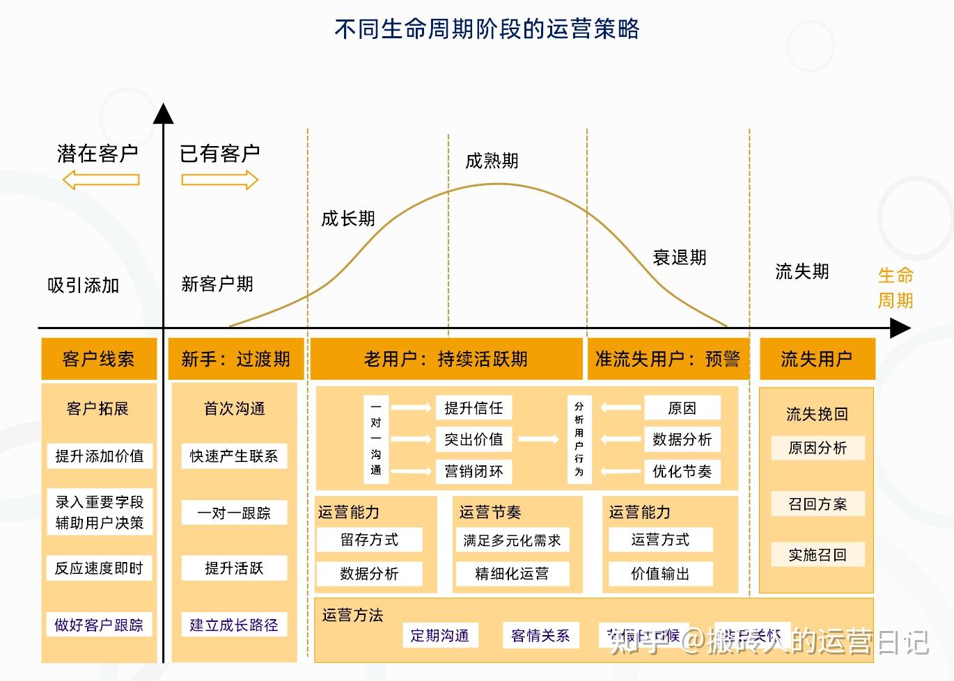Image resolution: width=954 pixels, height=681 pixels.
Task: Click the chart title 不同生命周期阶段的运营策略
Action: coord(487,29)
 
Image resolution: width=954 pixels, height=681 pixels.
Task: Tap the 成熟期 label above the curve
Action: coord(492,161)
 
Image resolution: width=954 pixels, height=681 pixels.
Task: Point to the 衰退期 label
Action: coord(679,258)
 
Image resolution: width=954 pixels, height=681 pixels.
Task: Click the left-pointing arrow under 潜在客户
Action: coord(101,180)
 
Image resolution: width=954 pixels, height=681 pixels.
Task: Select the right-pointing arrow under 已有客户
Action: coord(219,180)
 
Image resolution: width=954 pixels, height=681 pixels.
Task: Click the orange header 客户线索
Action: coord(98,359)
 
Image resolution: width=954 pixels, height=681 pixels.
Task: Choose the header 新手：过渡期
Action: coord(235,359)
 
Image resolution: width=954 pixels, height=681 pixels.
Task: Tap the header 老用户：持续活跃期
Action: coord(446,359)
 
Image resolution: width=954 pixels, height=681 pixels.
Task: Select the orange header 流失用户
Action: coord(816,359)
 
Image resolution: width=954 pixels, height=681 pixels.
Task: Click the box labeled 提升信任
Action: coord(474,408)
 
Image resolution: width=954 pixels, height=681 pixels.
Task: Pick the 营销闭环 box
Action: coord(474,472)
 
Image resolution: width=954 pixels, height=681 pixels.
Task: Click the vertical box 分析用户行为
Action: coord(579,439)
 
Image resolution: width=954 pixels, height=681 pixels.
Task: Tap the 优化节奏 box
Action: coord(682,472)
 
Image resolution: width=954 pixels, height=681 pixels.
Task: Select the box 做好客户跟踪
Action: coord(99,625)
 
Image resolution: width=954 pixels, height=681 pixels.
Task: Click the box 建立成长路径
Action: coord(234,625)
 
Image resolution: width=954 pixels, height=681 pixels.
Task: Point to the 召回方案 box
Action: coord(818,504)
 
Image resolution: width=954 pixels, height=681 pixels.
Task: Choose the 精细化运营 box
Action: coord(512,574)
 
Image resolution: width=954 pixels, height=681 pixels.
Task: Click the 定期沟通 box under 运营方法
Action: coord(439,635)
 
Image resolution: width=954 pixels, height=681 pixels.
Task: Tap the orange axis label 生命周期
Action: coord(895,288)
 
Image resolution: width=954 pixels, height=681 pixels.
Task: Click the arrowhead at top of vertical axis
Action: coord(163,113)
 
